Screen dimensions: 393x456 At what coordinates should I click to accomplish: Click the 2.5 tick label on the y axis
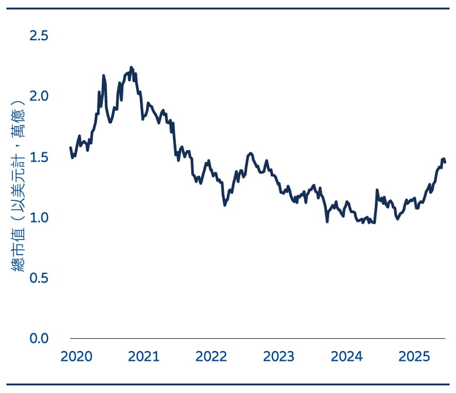coord(39,36)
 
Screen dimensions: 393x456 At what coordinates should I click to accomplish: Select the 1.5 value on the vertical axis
coord(39,157)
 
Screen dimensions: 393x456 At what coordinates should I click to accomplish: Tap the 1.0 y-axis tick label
coord(39,217)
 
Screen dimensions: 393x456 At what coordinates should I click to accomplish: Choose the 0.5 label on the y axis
coord(39,278)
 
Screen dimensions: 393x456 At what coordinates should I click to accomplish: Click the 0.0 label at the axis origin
coord(39,338)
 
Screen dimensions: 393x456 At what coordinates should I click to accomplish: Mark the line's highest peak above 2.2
coord(131,67)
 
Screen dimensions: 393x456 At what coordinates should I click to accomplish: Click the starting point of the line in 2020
coord(70,148)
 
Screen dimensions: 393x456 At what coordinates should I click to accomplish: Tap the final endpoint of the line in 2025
coord(445,162)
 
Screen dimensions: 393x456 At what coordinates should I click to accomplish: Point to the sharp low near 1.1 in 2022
coord(224,205)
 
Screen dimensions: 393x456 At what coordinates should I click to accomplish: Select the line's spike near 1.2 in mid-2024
coord(377,190)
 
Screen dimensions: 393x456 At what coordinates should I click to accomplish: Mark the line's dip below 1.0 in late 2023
coord(327,221)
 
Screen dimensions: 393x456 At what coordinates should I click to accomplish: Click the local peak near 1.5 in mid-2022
coord(250,153)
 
